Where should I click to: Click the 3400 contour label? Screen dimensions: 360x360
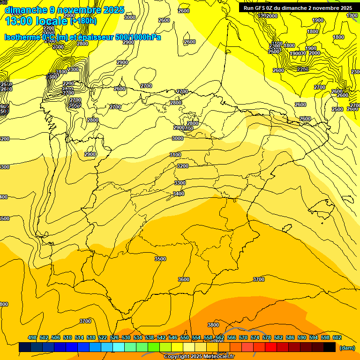point(179,194)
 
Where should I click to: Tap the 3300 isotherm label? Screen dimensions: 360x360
point(180,183)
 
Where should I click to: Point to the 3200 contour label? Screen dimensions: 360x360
point(183,166)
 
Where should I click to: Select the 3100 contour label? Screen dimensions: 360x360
point(175,155)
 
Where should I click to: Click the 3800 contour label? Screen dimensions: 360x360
point(213,325)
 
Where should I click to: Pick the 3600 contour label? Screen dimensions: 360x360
point(184,279)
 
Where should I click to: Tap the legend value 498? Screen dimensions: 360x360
point(32,337)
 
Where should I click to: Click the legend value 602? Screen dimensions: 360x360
point(337,337)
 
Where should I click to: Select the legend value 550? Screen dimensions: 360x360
point(185,337)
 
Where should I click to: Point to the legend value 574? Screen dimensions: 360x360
point(255,337)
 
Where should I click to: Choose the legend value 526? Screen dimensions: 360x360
point(114,337)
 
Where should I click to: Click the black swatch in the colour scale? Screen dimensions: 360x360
point(330,347)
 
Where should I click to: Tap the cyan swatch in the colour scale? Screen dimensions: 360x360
point(119,347)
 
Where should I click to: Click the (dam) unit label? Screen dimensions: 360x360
point(347,348)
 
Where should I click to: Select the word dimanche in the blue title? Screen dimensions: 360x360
point(26,10)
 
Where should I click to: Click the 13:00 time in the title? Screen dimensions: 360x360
point(21,21)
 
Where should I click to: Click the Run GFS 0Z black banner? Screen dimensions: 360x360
point(298,8)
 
